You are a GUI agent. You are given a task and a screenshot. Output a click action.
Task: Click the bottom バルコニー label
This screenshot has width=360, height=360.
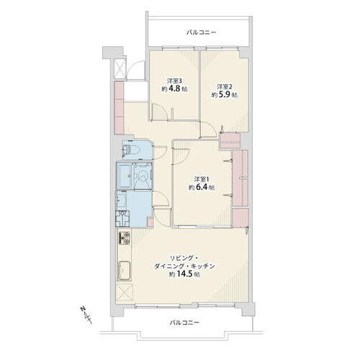(185, 323)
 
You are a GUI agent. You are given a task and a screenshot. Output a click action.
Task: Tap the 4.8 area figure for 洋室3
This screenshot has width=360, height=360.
(174, 89)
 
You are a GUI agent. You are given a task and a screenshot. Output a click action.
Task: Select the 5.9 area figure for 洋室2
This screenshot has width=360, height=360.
(224, 95)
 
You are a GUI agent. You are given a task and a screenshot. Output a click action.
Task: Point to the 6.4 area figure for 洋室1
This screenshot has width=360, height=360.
(202, 187)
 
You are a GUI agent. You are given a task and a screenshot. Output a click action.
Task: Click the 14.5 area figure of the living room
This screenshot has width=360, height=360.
(185, 274)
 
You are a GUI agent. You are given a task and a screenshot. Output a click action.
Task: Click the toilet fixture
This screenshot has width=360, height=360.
(132, 150)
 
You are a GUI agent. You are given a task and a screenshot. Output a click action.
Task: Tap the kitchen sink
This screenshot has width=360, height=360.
(125, 271)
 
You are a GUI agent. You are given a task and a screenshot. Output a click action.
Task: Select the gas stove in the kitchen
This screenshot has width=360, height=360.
(124, 238)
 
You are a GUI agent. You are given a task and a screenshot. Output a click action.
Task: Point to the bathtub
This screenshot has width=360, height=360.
(125, 176)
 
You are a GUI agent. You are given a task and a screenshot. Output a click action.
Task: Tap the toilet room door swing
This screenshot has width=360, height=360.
(160, 153)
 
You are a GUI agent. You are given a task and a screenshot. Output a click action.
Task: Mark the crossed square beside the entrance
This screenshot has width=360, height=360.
(120, 68)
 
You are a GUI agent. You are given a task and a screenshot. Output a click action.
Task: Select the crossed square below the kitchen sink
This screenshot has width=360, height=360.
(125, 292)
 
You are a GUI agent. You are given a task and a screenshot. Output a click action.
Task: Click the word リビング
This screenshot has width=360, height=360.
(181, 258)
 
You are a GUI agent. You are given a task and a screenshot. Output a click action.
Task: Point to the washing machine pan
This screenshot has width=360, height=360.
(122, 219)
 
